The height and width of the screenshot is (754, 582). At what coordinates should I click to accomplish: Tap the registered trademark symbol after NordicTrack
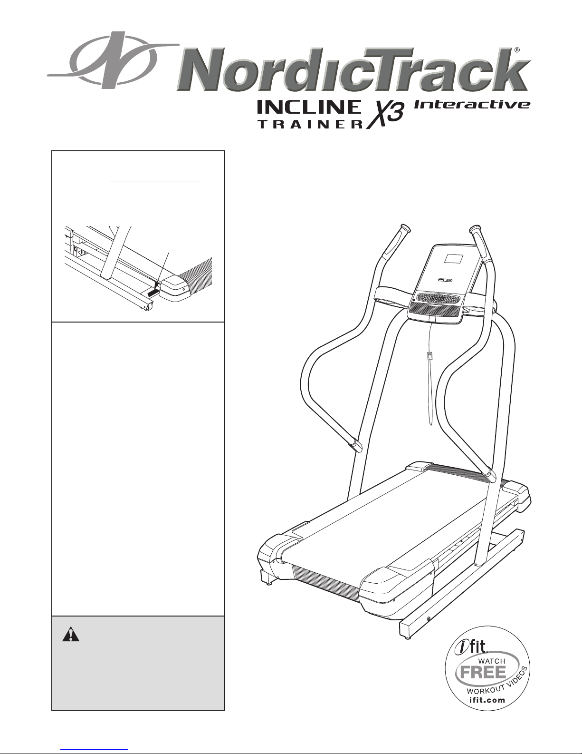point(517,50)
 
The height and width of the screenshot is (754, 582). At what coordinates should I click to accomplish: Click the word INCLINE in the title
point(309,107)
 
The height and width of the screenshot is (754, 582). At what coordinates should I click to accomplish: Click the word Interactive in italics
point(472,105)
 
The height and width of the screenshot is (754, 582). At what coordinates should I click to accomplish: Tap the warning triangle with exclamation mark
point(71,634)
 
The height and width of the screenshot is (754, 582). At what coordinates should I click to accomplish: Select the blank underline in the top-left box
point(155,181)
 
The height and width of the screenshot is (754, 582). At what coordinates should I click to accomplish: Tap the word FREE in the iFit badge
point(483,673)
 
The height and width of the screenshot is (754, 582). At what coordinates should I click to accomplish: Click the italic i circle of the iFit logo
point(460,648)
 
